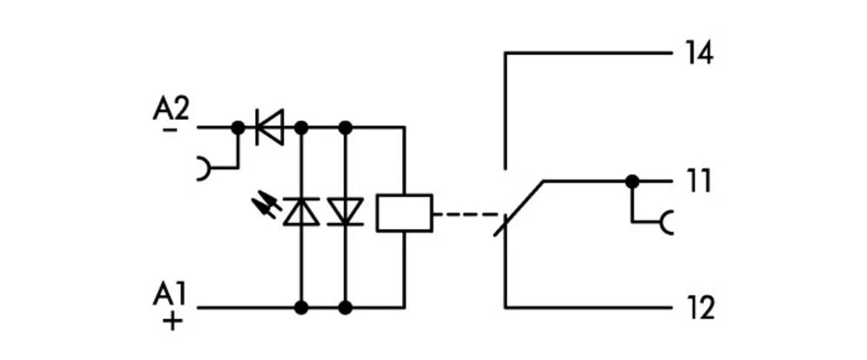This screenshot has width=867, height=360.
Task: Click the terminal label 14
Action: (699, 53)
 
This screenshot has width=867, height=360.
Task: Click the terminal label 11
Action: (698, 181)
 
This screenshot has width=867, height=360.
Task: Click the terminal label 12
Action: (699, 307)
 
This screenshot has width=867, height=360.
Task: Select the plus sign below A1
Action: (173, 321)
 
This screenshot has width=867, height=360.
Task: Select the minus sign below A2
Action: (170, 129)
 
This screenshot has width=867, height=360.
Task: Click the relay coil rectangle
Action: (404, 213)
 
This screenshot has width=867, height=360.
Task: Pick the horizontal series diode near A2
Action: (270, 128)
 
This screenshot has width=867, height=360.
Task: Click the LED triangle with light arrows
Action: (301, 212)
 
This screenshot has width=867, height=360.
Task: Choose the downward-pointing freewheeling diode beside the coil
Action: (346, 212)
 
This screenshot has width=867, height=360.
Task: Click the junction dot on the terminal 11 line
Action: (633, 181)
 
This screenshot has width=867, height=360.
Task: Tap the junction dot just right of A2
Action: (238, 128)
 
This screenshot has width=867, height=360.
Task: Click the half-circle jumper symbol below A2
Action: (204, 167)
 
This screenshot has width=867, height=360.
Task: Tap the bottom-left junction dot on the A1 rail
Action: (301, 307)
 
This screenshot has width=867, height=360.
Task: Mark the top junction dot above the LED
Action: (301, 128)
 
